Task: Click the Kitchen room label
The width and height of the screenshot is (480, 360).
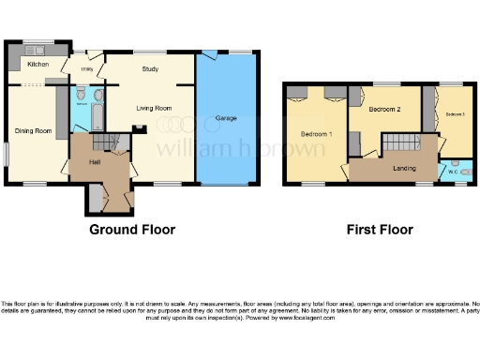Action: tap(38, 64)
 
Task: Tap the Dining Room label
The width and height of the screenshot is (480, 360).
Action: tap(32, 130)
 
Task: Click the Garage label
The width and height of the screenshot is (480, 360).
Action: tap(225, 119)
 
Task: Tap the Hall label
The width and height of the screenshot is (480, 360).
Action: tap(95, 161)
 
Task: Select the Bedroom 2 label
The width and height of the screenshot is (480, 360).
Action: tap(384, 110)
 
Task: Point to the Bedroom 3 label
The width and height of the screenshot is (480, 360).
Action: tap(455, 114)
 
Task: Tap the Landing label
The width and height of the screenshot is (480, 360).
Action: tap(404, 168)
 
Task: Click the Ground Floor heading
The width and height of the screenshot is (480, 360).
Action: tap(132, 229)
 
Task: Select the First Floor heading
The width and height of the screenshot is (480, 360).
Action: tap(380, 229)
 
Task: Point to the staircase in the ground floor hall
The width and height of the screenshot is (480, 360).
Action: tap(104, 142)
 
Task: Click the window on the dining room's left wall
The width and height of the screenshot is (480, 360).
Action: tap(4, 154)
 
